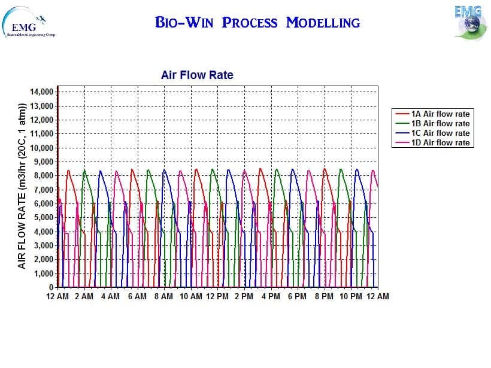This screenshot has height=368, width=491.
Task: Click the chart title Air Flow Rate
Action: coord(197,75)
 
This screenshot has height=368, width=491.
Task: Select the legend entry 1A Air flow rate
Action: coord(440,114)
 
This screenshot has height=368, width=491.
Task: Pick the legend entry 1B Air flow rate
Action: coord(440,123)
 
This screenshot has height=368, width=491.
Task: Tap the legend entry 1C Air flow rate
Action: coord(440,133)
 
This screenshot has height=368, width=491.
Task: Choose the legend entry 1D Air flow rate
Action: coord(440,142)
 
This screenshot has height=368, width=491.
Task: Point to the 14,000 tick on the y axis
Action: coord(41,92)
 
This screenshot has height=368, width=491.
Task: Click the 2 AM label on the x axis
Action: coord(84,296)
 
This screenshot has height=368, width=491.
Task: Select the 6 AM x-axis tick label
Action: coord(137,296)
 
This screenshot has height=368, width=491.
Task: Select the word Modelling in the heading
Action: coord(323,23)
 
